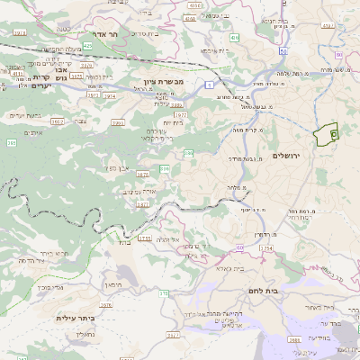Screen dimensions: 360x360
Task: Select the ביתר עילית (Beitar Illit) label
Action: [75, 319]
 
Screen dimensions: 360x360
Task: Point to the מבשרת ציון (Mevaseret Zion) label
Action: [164, 82]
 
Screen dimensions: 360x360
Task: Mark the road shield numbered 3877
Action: [142, 205]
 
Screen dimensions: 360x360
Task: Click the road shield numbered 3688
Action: [295, 340]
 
